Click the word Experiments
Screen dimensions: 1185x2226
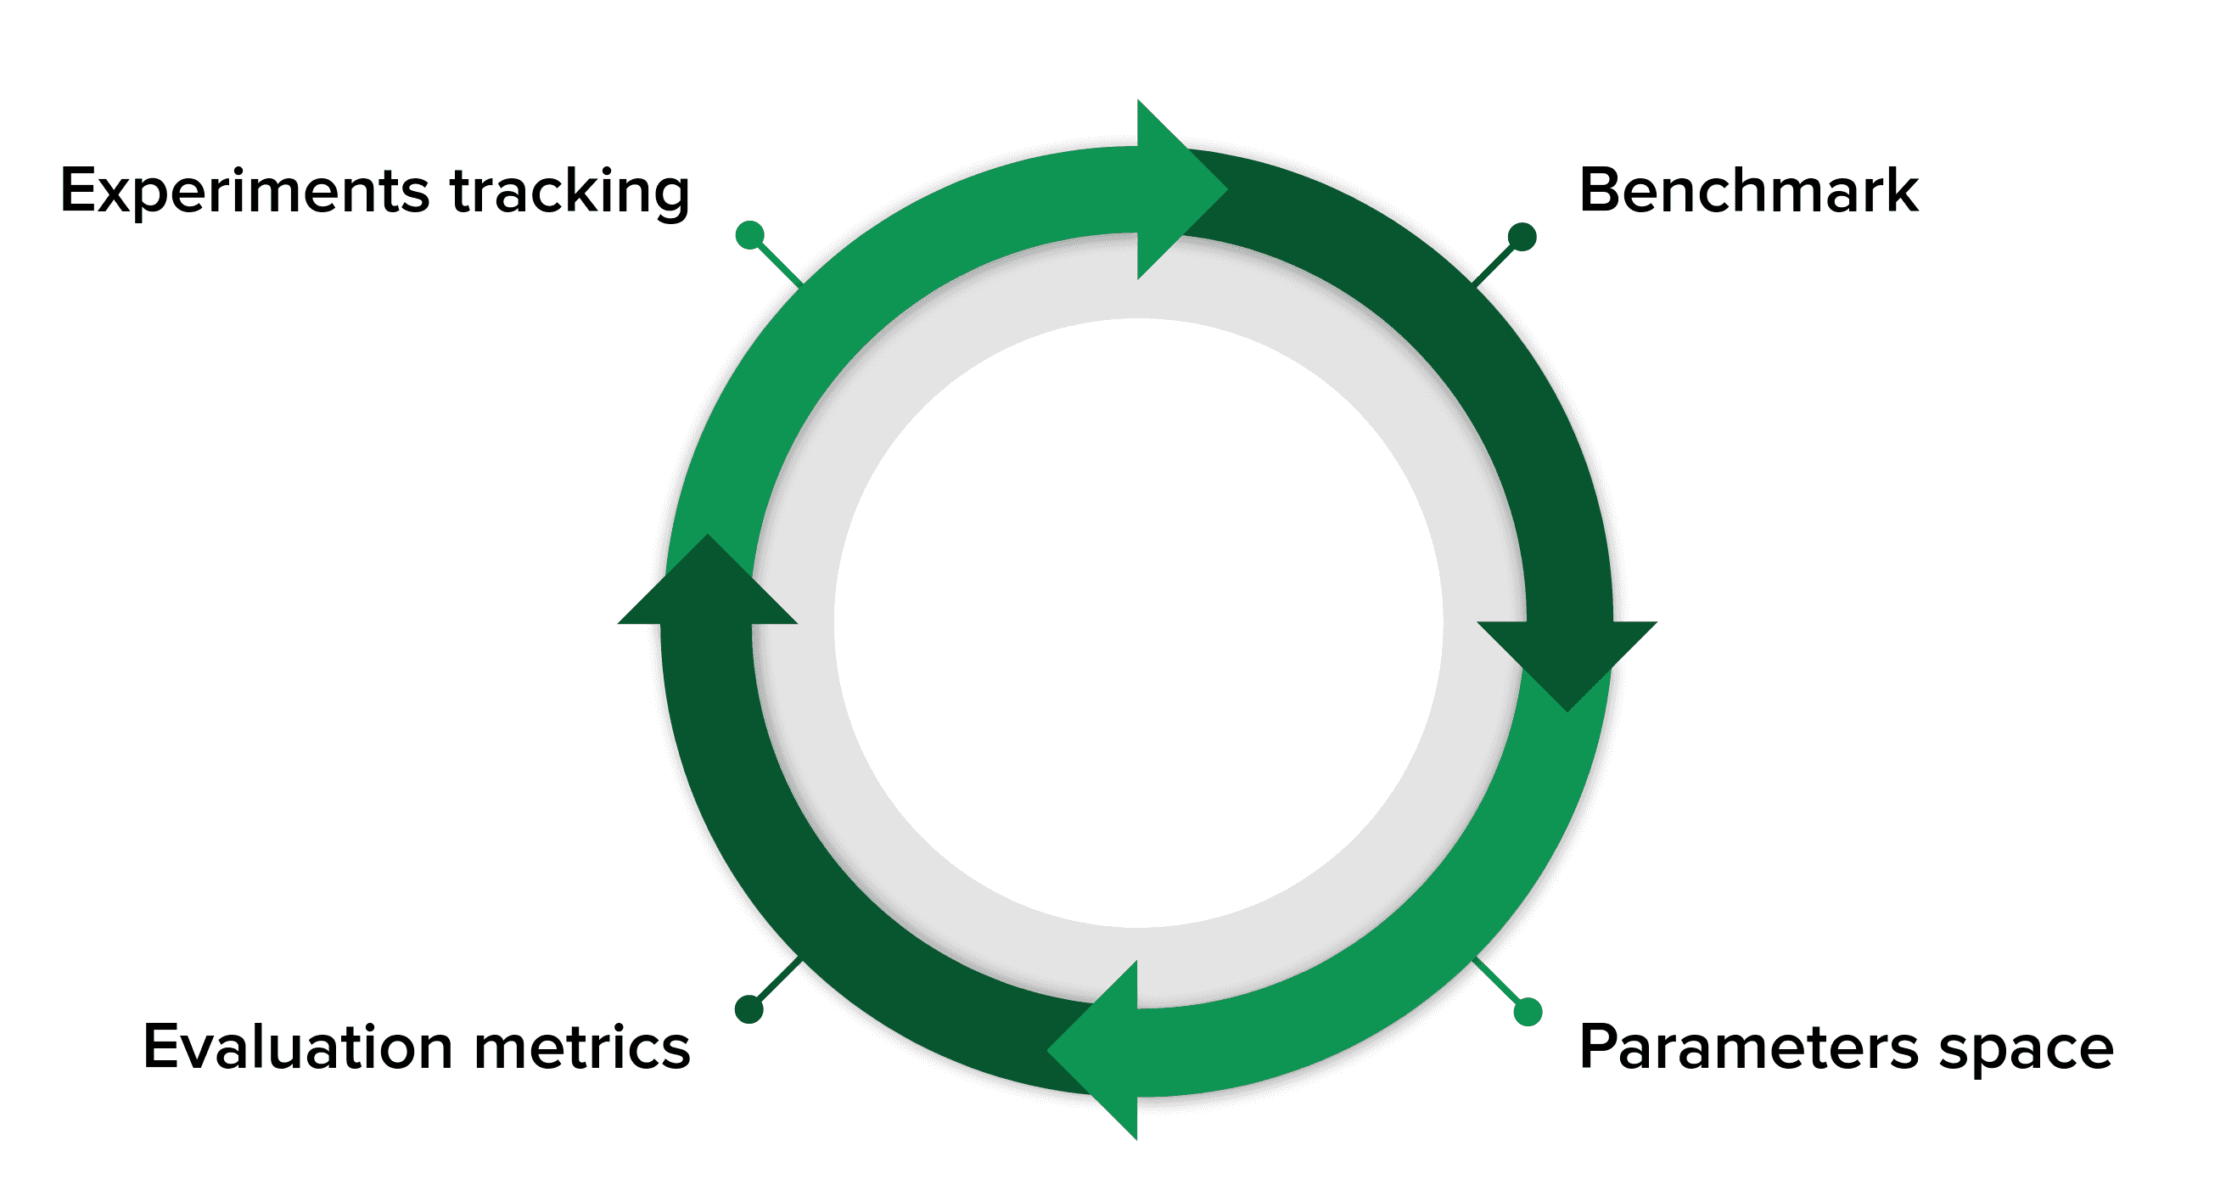[244, 192]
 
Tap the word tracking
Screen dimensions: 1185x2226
[569, 192]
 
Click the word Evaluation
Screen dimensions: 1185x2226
[296, 1047]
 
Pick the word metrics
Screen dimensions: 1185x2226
[582, 1047]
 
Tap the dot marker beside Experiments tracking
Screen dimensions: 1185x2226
[749, 235]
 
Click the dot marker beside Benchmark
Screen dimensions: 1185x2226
[1522, 236]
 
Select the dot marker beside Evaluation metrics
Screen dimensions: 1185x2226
[749, 1008]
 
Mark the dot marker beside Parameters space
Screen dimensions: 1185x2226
[1528, 1011]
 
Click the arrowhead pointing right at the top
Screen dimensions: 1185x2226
[1175, 189]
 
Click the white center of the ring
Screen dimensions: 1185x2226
[1137, 622]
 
